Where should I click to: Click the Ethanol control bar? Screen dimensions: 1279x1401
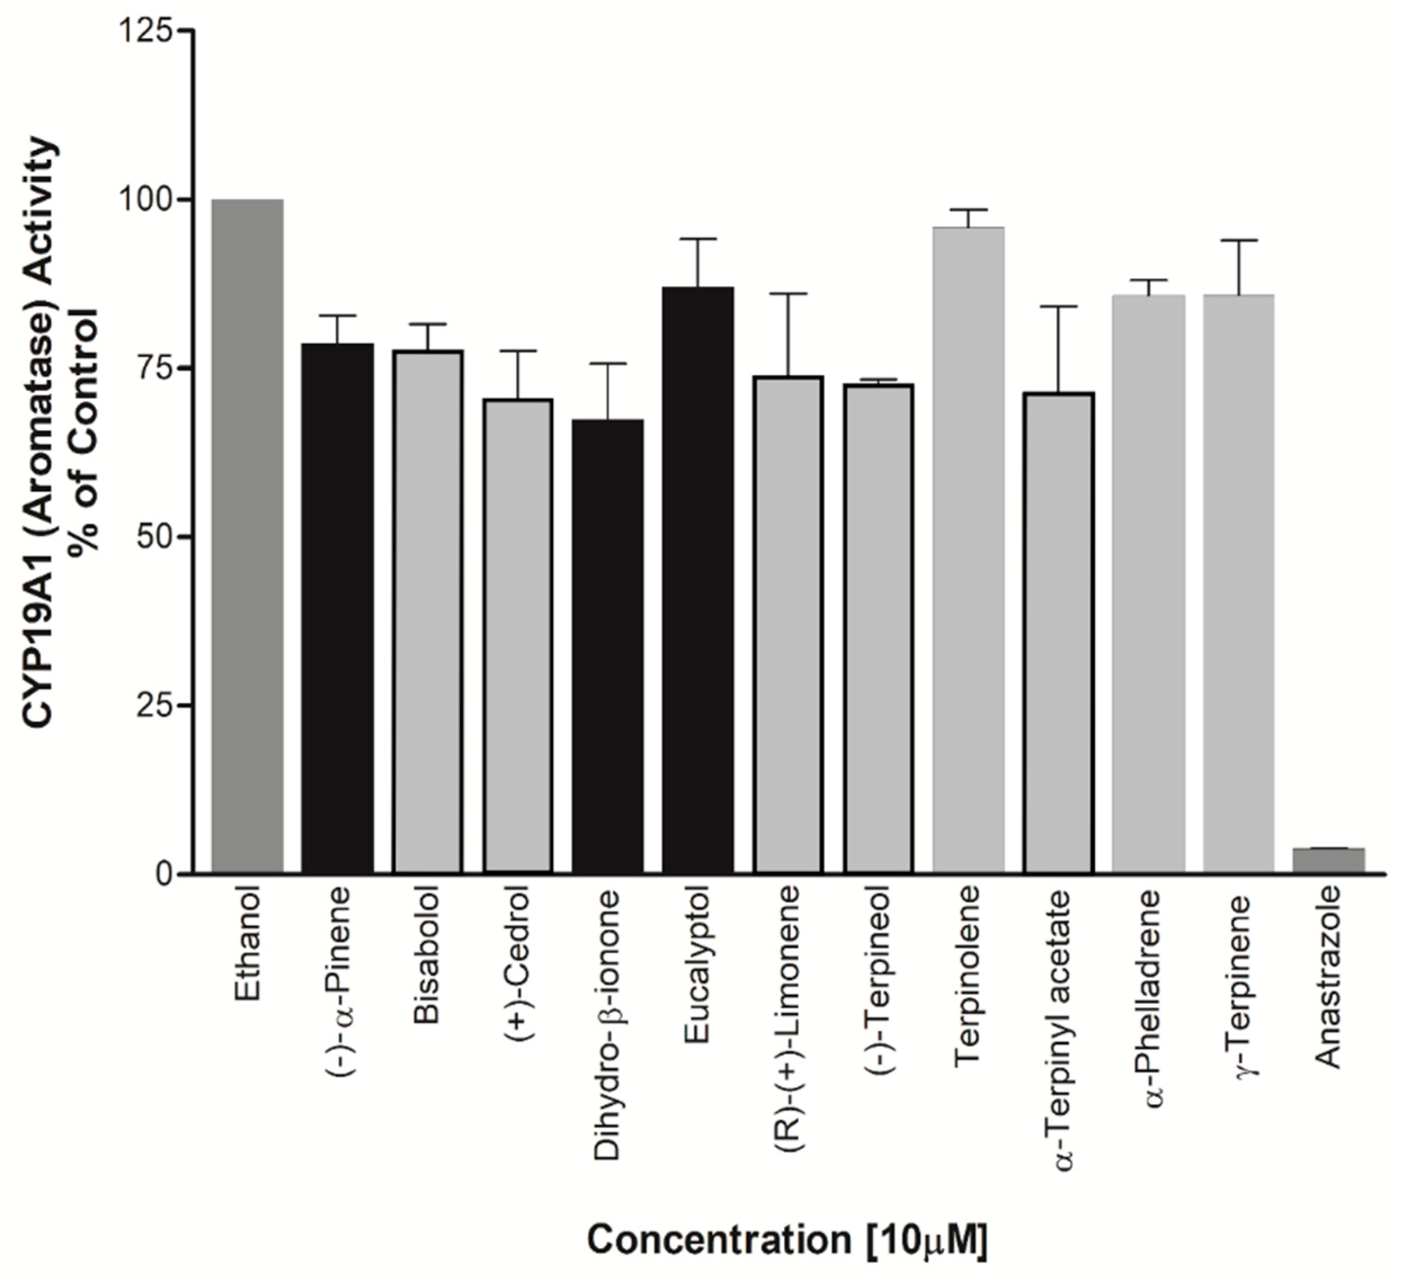point(247,535)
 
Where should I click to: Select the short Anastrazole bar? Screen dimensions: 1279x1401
point(1329,860)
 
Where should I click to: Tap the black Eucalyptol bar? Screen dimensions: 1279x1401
point(698,581)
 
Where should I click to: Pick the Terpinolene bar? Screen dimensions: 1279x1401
point(968,549)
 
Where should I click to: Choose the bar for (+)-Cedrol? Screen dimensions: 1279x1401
point(517,636)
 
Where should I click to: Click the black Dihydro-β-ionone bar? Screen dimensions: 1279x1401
point(608,647)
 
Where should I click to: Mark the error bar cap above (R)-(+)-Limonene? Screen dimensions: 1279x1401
point(788,294)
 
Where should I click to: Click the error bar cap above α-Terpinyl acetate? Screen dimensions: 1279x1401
point(1059,306)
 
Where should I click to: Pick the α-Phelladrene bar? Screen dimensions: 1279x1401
point(1148,584)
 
